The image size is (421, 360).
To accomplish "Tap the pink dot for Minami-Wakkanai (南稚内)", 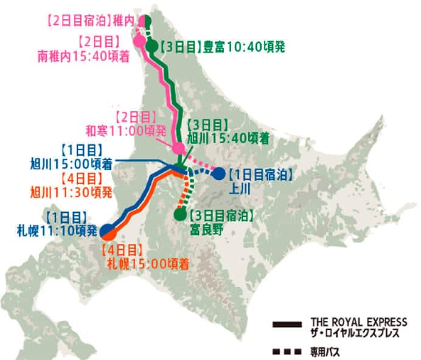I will tap(139, 42).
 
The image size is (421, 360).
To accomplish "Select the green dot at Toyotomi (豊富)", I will tap(151, 46).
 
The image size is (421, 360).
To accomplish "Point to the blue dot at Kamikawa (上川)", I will tap(218, 173).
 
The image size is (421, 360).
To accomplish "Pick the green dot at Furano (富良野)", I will tap(180, 214).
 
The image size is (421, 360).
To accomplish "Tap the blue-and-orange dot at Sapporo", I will tap(107, 231).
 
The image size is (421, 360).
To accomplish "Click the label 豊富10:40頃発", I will tap(244, 46).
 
